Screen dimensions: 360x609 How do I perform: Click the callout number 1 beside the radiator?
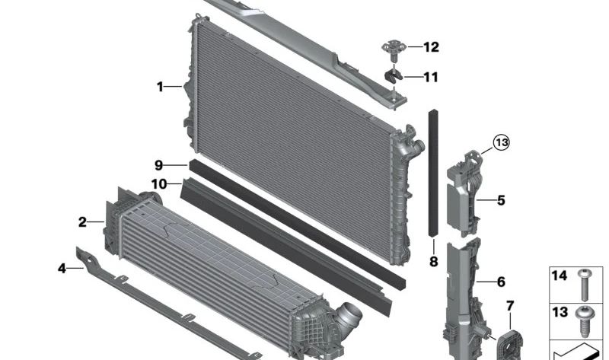point(161,88)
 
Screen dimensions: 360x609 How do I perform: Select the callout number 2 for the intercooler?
point(82,222)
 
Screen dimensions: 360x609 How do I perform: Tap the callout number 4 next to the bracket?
point(62,267)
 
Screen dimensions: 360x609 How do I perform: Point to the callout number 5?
point(501,201)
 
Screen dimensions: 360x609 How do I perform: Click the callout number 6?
point(501,282)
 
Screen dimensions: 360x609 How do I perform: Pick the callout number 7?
point(509,306)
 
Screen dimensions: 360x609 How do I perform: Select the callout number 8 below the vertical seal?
point(433,262)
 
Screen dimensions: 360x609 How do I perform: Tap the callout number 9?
point(159,165)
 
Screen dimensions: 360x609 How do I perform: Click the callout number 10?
point(159,183)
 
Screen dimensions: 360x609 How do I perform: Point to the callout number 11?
point(431,77)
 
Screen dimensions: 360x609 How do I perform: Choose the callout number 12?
point(431,47)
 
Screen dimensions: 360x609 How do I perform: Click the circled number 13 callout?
point(500,142)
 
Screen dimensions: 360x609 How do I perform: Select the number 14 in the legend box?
point(559,276)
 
